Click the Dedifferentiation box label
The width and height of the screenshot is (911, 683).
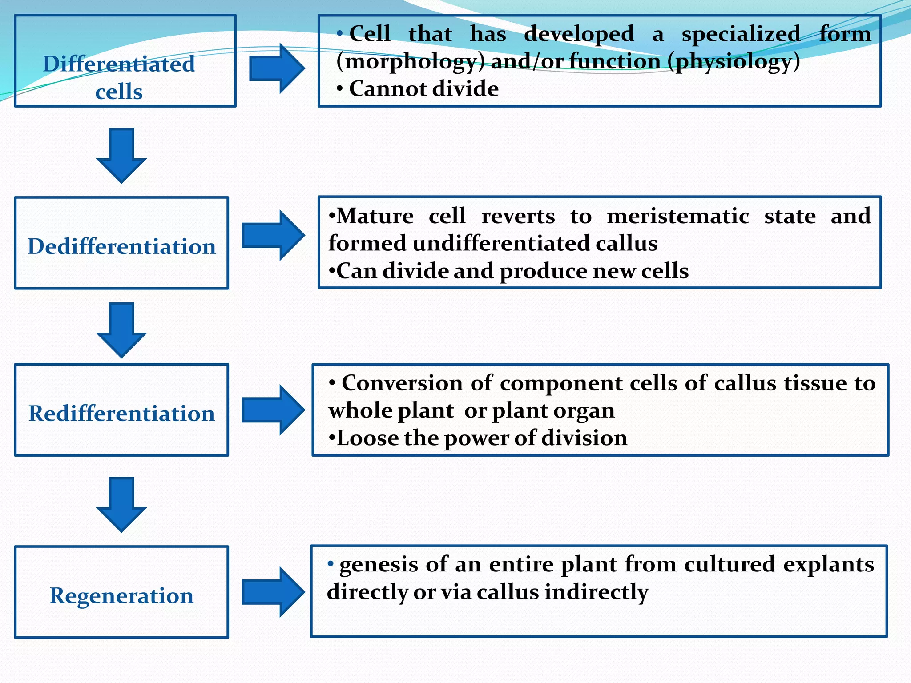coord(121,246)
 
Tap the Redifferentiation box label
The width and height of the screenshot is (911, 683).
coord(121,414)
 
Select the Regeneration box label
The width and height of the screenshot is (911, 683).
coord(121,595)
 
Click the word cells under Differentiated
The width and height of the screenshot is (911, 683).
coord(119,92)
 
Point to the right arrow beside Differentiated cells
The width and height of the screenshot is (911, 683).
coord(277,68)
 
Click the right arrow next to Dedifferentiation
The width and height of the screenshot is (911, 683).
coord(273,235)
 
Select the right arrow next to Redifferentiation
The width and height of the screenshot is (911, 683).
coord(273,410)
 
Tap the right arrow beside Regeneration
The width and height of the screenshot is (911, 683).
coord(273,592)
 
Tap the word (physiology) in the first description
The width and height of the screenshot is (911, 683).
coord(734,61)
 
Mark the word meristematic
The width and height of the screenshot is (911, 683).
coord(678,217)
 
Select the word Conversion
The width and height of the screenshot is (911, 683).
coord(402,383)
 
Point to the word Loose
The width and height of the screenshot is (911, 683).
coord(367,438)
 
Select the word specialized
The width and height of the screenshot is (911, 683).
coord(741,34)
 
